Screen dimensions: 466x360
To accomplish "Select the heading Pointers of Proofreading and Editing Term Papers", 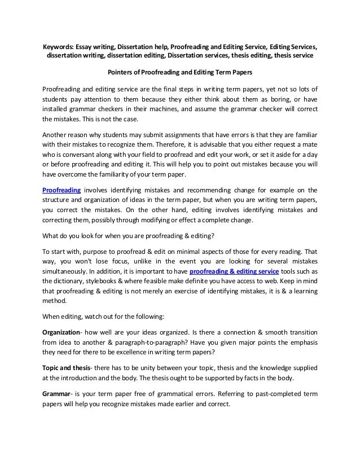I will (180, 72).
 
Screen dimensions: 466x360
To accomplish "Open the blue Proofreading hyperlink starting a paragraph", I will (62, 190).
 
